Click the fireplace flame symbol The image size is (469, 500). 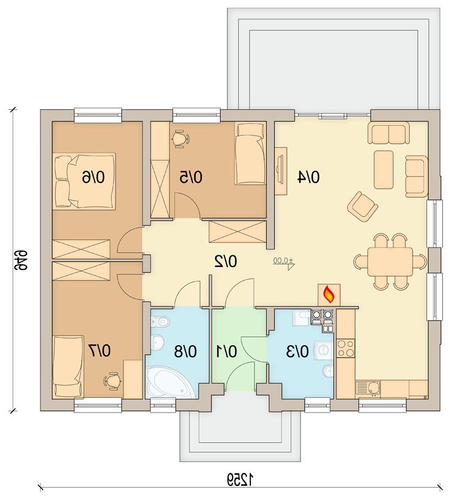click(329, 295)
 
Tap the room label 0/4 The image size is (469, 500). click(308, 177)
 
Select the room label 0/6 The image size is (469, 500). click(93, 177)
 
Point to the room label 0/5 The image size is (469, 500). click(191, 177)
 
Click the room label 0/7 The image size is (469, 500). click(100, 351)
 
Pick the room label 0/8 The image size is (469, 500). click(185, 352)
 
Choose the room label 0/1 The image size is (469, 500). click(226, 352)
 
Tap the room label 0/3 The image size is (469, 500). click(298, 352)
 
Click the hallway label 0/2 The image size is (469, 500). click(226, 262)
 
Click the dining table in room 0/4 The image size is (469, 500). click(390, 262)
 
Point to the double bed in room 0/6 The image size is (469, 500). click(84, 181)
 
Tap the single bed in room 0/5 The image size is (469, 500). click(250, 154)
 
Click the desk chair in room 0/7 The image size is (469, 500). click(113, 380)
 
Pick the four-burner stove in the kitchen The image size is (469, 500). click(346, 349)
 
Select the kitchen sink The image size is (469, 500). click(368, 388)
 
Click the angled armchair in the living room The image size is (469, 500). click(362, 207)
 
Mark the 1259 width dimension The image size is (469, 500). click(240, 479)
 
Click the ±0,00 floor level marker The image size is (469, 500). click(283, 262)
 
